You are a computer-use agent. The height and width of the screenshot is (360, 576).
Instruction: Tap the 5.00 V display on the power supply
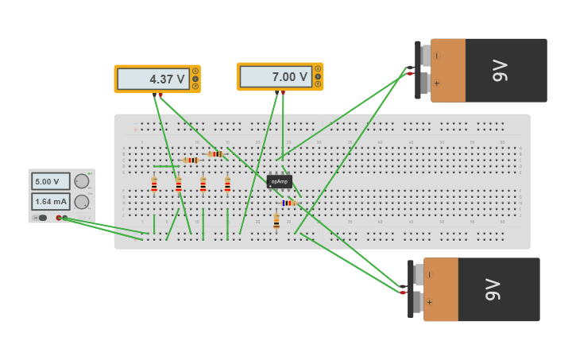(50, 181)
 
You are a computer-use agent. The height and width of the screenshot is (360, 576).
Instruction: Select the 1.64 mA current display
(50, 202)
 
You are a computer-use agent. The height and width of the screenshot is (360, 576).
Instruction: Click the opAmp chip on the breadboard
(279, 181)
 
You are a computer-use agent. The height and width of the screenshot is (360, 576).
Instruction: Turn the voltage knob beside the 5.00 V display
(82, 181)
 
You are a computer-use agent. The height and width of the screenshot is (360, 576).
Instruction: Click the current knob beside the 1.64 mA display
(82, 202)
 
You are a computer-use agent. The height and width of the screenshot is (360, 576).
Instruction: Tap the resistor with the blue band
(288, 203)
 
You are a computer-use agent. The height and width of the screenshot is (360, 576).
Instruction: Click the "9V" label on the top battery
(499, 70)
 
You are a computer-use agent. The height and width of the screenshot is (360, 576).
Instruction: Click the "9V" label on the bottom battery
(493, 289)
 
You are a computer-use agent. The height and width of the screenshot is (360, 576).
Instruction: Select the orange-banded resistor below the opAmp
(276, 220)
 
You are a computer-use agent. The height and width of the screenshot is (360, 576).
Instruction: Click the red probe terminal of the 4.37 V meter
(160, 95)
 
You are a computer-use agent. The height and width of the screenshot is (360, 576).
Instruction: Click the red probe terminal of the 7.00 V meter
(283, 92)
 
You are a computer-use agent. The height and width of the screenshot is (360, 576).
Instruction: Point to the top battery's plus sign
(436, 83)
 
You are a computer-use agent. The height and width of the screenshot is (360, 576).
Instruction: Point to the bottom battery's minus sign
(430, 274)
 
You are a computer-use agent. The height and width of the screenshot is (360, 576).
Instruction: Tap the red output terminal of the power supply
(59, 218)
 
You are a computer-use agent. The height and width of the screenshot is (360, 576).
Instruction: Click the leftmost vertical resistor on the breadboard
(154, 184)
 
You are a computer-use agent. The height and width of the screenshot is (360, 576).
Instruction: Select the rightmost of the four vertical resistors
(227, 184)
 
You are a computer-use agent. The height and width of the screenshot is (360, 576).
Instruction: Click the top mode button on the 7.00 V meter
(318, 69)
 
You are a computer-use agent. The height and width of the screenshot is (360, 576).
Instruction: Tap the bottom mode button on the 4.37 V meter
(195, 86)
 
